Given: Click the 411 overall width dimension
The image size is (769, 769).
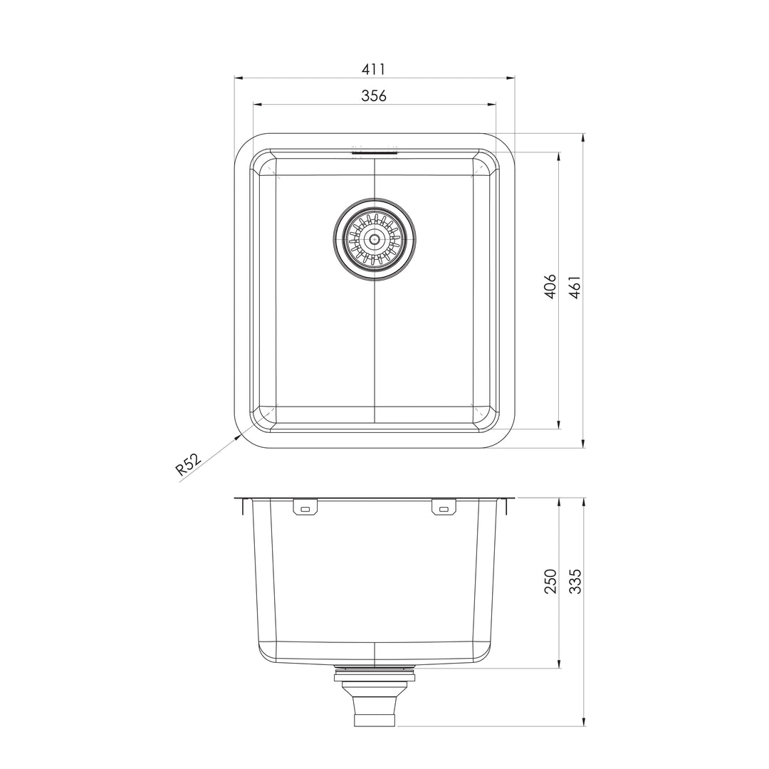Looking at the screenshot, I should click(374, 69).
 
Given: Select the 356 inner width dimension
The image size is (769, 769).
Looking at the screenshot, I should click(374, 95).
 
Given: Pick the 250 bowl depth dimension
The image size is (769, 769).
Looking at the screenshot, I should click(550, 582).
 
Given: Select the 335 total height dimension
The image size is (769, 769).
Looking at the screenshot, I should click(575, 582).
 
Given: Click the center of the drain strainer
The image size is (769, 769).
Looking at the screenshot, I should click(375, 239).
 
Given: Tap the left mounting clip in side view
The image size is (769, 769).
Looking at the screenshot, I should click(305, 508).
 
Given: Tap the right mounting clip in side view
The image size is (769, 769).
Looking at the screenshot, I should click(444, 508).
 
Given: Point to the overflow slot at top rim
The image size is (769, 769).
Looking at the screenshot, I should click(375, 150).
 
